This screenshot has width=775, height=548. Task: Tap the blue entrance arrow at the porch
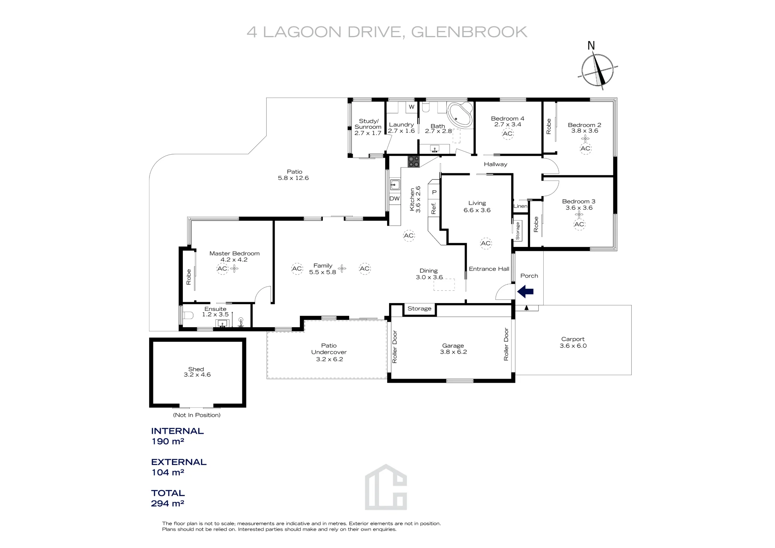click(525, 291)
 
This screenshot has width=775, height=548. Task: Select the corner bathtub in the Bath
click(460, 115)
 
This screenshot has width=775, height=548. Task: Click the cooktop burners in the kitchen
click(413, 161)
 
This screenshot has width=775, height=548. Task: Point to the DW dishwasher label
click(394, 198)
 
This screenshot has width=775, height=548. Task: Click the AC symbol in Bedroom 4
click(508, 134)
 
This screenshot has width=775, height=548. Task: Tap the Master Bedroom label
click(234, 253)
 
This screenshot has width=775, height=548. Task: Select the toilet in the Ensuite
click(188, 315)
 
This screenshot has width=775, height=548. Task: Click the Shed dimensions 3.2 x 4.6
click(197, 375)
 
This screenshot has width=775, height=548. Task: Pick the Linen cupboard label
click(520, 206)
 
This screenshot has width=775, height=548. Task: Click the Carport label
click(573, 339)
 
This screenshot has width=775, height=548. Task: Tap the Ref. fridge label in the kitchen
click(434, 208)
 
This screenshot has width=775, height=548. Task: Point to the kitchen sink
click(395, 185)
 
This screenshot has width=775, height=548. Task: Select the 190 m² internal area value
click(167, 441)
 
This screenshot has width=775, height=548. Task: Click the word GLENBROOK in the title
click(469, 32)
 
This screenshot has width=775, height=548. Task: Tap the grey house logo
click(386, 487)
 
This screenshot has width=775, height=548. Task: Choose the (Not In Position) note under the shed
click(197, 415)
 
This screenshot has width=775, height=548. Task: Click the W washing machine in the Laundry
click(412, 107)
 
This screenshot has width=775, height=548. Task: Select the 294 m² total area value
click(167, 503)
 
